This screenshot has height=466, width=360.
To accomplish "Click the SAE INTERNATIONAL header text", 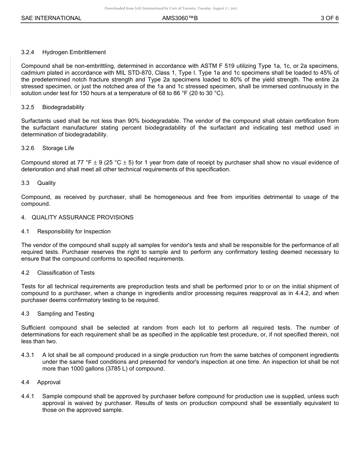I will (51, 18).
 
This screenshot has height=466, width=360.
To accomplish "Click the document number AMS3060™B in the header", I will (180, 18).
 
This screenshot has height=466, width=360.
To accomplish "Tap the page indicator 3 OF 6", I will (329, 18).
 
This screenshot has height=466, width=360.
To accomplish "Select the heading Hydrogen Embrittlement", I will (74, 52).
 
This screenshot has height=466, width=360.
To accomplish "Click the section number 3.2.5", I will (28, 107).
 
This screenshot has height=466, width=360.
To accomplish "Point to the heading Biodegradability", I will (63, 107).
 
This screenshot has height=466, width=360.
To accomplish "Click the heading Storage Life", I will (58, 148).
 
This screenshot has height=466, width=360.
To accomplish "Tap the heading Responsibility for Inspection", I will (74, 231).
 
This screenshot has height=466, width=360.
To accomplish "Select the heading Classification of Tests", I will (66, 273).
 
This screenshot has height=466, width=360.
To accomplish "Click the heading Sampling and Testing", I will (66, 314).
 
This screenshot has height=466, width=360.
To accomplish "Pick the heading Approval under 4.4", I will (49, 382).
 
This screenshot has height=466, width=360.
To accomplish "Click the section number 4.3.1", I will (28, 355).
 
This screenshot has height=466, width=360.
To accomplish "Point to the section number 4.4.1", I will (28, 396).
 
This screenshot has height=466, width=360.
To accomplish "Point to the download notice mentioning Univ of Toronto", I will (171, 8).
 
